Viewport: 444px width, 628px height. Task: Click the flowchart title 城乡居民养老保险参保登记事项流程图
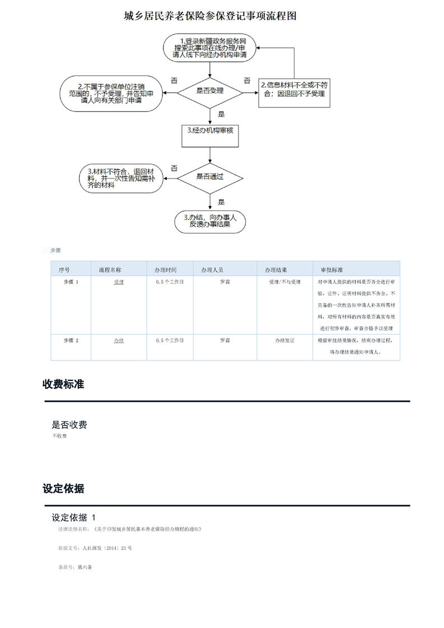pos(210,16)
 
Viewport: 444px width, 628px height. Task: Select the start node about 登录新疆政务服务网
pos(210,48)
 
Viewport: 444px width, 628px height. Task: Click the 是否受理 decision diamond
pos(210,91)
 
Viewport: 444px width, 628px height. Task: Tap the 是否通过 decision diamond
pos(210,177)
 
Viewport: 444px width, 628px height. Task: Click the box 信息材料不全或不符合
pos(294,90)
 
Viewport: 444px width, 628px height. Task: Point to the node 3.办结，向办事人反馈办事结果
pos(210,221)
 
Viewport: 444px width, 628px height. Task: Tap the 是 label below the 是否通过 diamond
pos(221,202)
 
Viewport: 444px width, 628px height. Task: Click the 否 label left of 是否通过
pos(174,168)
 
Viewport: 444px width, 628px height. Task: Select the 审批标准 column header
pos(331,270)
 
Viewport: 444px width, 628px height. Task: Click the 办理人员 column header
pos(213,270)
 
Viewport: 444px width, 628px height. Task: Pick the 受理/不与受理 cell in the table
pos(285,282)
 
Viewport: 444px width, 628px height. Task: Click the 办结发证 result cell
pos(285,340)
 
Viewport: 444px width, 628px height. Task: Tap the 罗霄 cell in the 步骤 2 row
pos(225,340)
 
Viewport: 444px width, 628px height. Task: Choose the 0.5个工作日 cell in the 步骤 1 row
pos(170,282)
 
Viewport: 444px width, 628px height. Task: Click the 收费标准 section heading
pos(63,385)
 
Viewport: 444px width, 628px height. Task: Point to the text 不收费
pos(59,436)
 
